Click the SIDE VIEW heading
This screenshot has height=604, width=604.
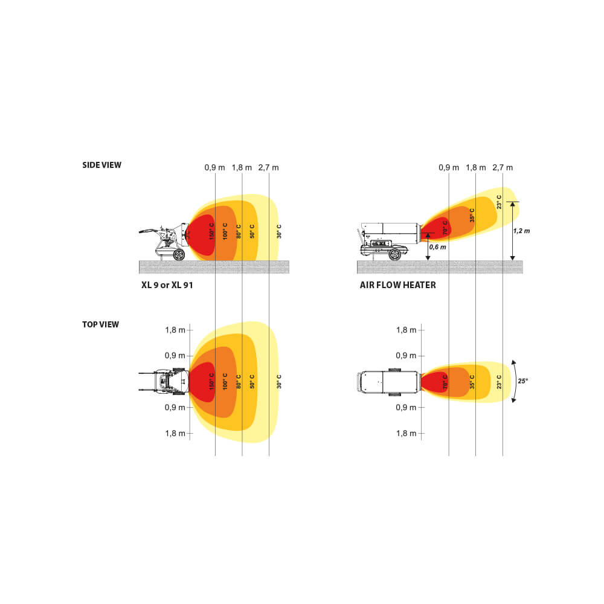pyautogui.click(x=101, y=165)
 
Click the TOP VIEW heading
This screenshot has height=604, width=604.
pyautogui.click(x=100, y=324)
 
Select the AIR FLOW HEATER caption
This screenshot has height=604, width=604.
pyautogui.click(x=397, y=284)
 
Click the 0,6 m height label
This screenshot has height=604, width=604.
pyautogui.click(x=438, y=246)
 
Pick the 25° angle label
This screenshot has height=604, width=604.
pyautogui.click(x=523, y=381)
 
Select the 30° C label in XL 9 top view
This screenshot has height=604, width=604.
pyautogui.click(x=278, y=381)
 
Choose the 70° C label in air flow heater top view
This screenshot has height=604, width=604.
pyautogui.click(x=445, y=382)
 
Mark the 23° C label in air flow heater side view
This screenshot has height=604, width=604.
pyautogui.click(x=499, y=201)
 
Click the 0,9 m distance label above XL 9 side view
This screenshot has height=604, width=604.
pyautogui.click(x=214, y=167)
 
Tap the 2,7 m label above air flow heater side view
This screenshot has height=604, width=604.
pyautogui.click(x=503, y=167)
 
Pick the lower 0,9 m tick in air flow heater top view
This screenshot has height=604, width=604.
pyautogui.click(x=406, y=407)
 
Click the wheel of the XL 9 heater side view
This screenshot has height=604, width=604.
pyautogui.click(x=178, y=255)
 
